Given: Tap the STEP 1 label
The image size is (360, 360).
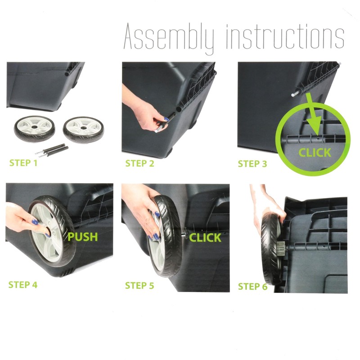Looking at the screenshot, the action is click(x=23, y=163).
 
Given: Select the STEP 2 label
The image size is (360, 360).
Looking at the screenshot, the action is click(x=139, y=163).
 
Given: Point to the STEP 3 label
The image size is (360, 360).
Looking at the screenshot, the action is click(x=252, y=164).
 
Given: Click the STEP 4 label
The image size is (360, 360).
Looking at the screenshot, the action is click(x=23, y=285).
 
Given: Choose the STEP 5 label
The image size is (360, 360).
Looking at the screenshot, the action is click(x=139, y=286).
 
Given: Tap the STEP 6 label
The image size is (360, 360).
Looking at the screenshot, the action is click(x=252, y=287).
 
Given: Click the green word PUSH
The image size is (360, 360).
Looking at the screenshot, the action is click(x=83, y=237).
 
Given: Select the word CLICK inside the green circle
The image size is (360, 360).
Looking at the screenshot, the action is click(x=315, y=153).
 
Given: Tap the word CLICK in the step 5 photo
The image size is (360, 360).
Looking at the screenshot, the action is click(x=205, y=238).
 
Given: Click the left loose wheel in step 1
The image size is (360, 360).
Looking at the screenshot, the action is click(x=35, y=128).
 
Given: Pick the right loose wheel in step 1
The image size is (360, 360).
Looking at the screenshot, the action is click(x=83, y=130).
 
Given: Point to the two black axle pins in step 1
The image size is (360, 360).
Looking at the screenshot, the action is click(x=52, y=150).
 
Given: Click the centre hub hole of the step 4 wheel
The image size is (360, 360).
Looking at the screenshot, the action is click(x=48, y=230).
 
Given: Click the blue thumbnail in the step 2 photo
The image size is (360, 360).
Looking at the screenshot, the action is click(x=166, y=119).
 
